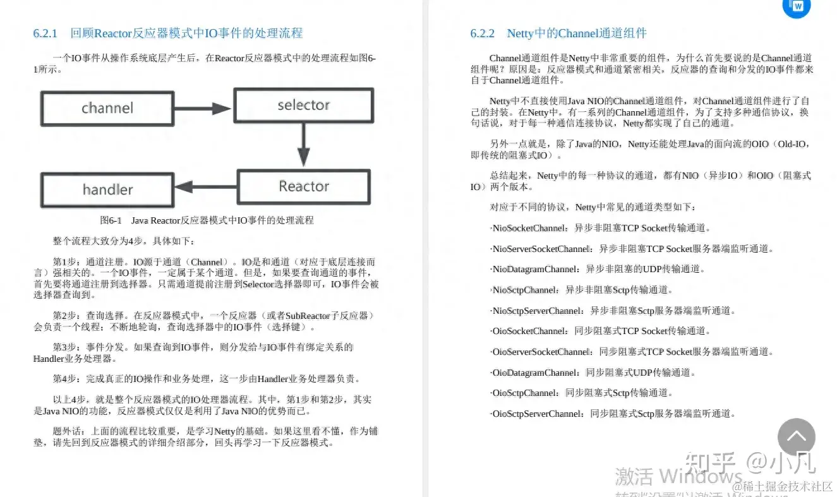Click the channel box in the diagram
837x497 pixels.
(107, 108)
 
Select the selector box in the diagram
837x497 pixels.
(303, 105)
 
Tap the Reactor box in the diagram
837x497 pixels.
(304, 186)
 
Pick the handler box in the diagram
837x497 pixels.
(107, 189)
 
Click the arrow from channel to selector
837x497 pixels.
(203, 108)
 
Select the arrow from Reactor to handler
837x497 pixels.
(205, 187)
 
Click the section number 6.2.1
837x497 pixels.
(45, 33)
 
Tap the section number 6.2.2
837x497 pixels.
(483, 33)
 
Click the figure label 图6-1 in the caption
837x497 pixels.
(111, 220)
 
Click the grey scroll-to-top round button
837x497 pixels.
(796, 437)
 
